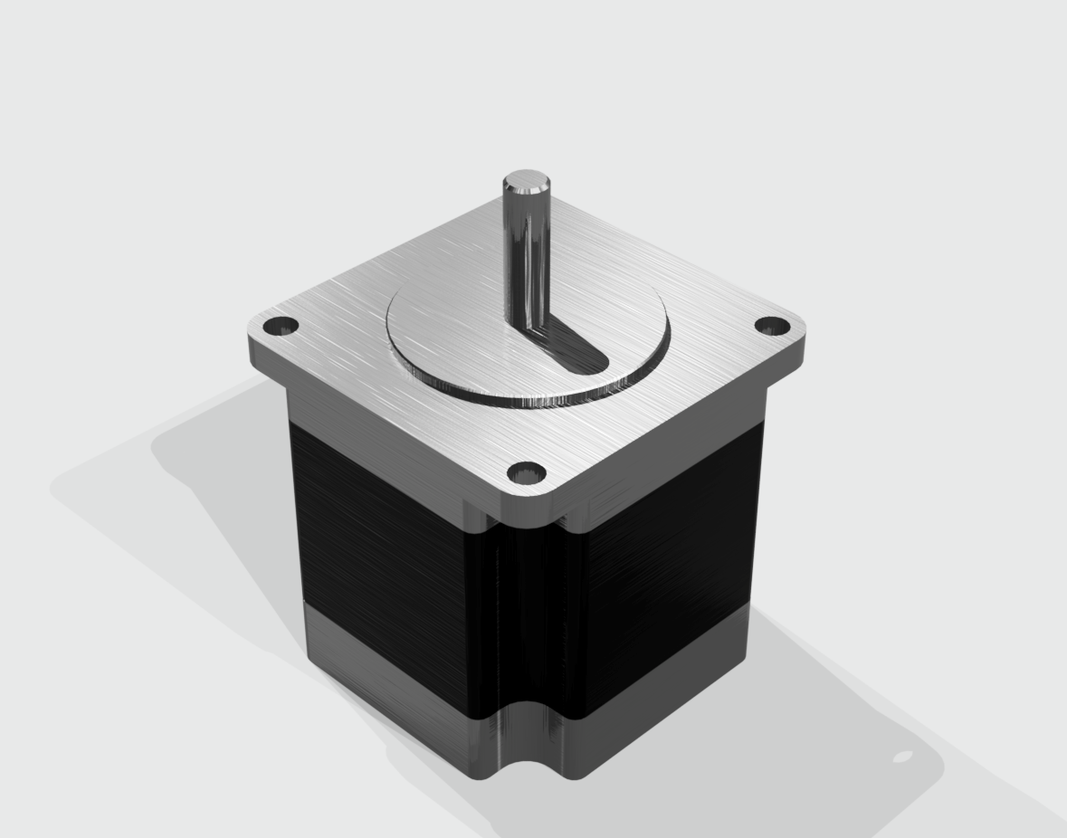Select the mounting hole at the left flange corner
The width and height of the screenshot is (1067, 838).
coord(281,326)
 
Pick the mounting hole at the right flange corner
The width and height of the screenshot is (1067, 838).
coord(770,327)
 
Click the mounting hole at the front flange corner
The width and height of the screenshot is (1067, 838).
coord(526,472)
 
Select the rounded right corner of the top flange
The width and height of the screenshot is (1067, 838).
coord(796,344)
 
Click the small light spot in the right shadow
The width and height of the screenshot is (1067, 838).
coord(902,757)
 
